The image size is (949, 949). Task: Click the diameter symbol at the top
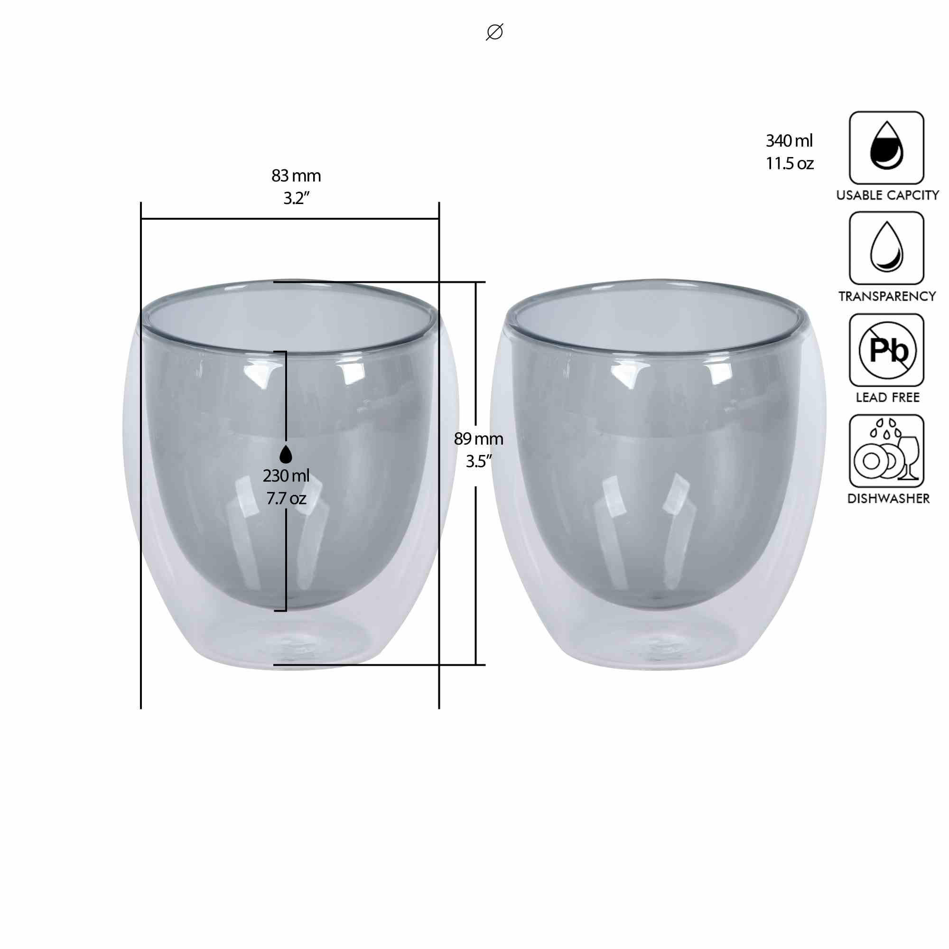pyautogui.click(x=494, y=32)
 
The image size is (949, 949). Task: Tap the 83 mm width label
pyautogui.click(x=296, y=176)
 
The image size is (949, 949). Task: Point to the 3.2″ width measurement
pyautogui.click(x=296, y=198)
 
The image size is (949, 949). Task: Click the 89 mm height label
pyautogui.click(x=478, y=438)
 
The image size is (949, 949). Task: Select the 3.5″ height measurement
pyautogui.click(x=479, y=462)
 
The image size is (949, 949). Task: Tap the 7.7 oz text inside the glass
pyautogui.click(x=287, y=499)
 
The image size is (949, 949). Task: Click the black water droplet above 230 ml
pyautogui.click(x=286, y=455)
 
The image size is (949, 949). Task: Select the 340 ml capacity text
pyautogui.click(x=790, y=141)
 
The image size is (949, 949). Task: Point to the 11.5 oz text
pyautogui.click(x=790, y=164)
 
